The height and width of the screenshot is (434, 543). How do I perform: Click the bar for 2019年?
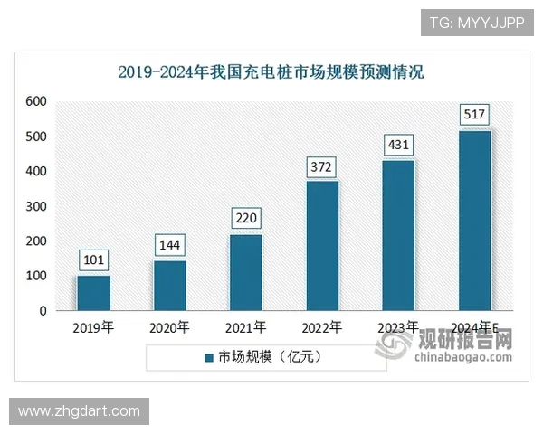[x=93, y=293]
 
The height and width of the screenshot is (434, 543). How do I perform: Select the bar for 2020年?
[x=169, y=286]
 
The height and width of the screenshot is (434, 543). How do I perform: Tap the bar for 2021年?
[x=245, y=272]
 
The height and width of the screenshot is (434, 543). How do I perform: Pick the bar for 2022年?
[x=322, y=246]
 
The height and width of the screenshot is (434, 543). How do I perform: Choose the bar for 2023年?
[x=398, y=235]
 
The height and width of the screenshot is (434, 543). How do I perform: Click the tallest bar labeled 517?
[x=474, y=221]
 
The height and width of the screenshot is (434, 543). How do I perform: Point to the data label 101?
[x=94, y=261]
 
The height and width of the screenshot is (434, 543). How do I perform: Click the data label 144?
[x=170, y=246]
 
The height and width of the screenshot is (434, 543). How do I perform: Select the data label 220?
[x=246, y=220]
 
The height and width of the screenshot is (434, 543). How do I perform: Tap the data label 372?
[x=322, y=166]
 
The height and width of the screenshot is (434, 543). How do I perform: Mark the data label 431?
[x=398, y=146]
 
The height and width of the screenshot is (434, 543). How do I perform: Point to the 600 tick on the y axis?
[x=36, y=101]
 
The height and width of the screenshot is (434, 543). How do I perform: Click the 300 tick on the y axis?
[x=36, y=206]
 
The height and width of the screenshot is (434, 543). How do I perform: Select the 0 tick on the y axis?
[x=43, y=311]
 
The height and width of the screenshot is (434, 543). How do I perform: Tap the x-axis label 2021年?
[x=245, y=327]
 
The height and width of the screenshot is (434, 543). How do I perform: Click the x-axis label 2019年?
[x=93, y=327]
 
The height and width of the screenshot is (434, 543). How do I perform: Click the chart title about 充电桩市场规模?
[x=271, y=71]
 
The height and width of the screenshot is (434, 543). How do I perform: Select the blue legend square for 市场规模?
[x=208, y=357]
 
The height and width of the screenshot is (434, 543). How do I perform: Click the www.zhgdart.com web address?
[x=80, y=411]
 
